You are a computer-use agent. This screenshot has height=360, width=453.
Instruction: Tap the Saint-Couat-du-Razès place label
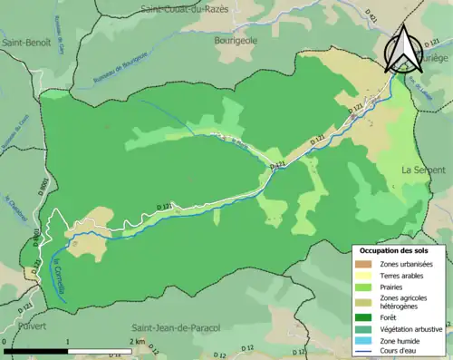click(x=198, y=8)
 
